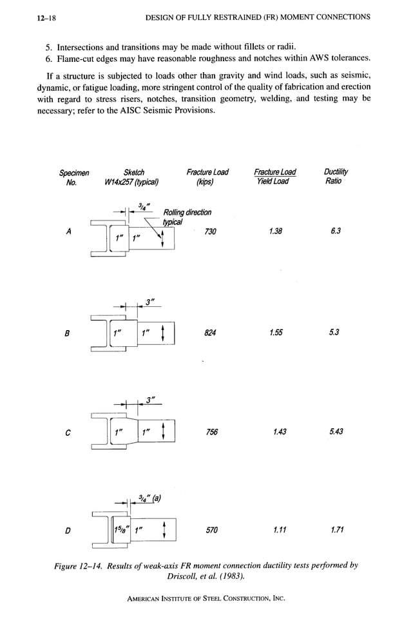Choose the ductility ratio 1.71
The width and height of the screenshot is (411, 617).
pyautogui.click(x=334, y=531)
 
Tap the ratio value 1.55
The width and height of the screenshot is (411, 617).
pyautogui.click(x=274, y=333)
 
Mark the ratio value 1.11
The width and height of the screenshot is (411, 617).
pyautogui.click(x=278, y=531)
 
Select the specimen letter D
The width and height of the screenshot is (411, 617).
pyautogui.click(x=68, y=531)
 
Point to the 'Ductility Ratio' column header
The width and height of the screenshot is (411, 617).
pyautogui.click(x=333, y=176)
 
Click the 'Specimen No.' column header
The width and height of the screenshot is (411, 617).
pyautogui.click(x=74, y=177)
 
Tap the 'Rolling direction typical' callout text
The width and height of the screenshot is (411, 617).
pyautogui.click(x=187, y=217)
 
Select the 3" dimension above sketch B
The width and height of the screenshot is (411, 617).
pyautogui.click(x=149, y=301)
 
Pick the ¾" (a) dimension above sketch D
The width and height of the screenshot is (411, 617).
pyautogui.click(x=149, y=498)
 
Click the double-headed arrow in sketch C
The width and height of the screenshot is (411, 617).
pyautogui.click(x=166, y=431)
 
